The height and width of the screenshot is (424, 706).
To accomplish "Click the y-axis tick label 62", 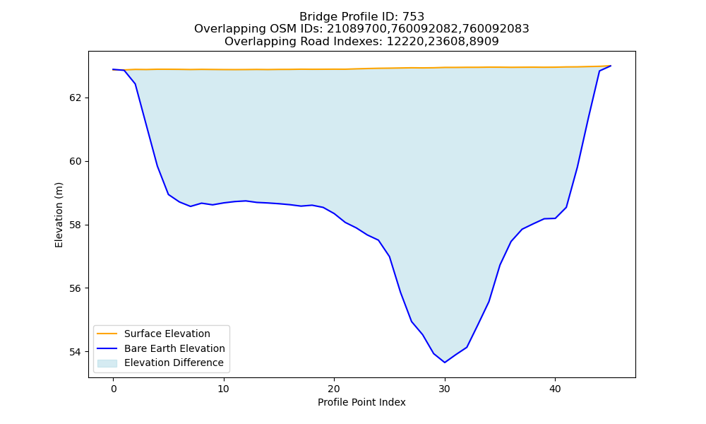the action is click(76, 98).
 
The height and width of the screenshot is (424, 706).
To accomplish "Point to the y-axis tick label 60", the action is click(76, 161).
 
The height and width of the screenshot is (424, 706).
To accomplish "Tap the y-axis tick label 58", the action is click(76, 225).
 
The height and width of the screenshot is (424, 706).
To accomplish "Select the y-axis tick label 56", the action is click(76, 288).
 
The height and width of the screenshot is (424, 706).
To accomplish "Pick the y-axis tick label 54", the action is click(76, 352).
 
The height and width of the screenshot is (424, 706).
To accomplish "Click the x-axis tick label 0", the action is click(113, 389).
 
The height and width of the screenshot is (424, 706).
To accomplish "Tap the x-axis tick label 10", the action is click(223, 389).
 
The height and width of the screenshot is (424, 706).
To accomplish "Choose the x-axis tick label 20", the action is click(334, 389).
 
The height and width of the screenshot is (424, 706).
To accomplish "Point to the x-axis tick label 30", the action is click(444, 389).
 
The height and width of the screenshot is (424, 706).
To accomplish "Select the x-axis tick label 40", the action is click(555, 389).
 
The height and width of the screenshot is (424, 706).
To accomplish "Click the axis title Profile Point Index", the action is click(361, 402).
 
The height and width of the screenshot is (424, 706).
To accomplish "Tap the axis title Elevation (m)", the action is click(59, 215).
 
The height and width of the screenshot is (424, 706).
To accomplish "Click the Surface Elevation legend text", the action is click(167, 334).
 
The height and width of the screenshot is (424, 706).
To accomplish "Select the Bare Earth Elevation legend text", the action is click(174, 348).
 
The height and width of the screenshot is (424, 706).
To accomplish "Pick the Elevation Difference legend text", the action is click(174, 363).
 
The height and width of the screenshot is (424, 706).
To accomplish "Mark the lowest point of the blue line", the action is click(445, 363).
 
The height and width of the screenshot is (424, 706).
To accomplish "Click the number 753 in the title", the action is click(414, 17).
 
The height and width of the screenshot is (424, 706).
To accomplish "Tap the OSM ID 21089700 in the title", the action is click(358, 29).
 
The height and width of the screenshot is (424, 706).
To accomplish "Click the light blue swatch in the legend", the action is click(107, 363).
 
